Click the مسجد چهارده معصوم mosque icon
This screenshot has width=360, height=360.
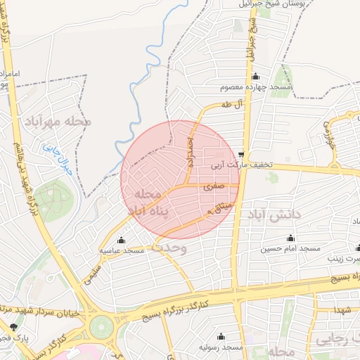tap(255, 77)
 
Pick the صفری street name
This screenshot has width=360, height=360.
tap(214, 188)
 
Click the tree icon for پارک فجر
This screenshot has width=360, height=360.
tap(14, 327)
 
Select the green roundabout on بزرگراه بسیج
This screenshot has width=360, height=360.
tap(101, 326)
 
